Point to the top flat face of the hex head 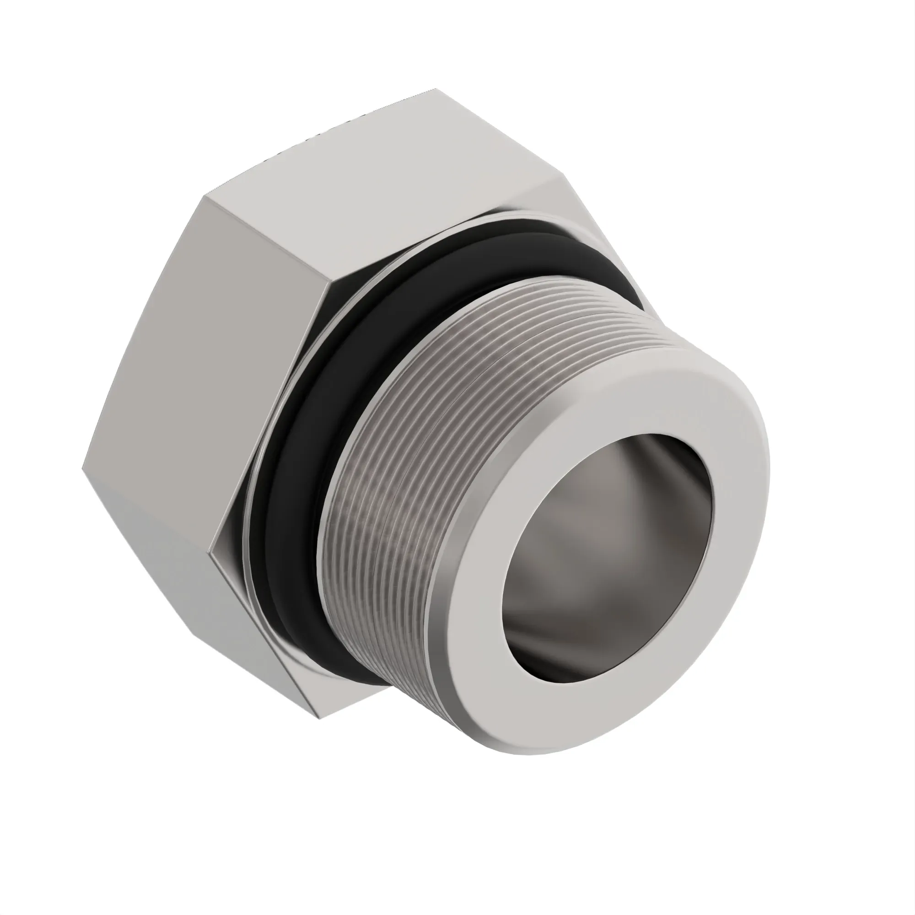tap(379, 189)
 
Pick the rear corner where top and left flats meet tap(205, 197)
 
